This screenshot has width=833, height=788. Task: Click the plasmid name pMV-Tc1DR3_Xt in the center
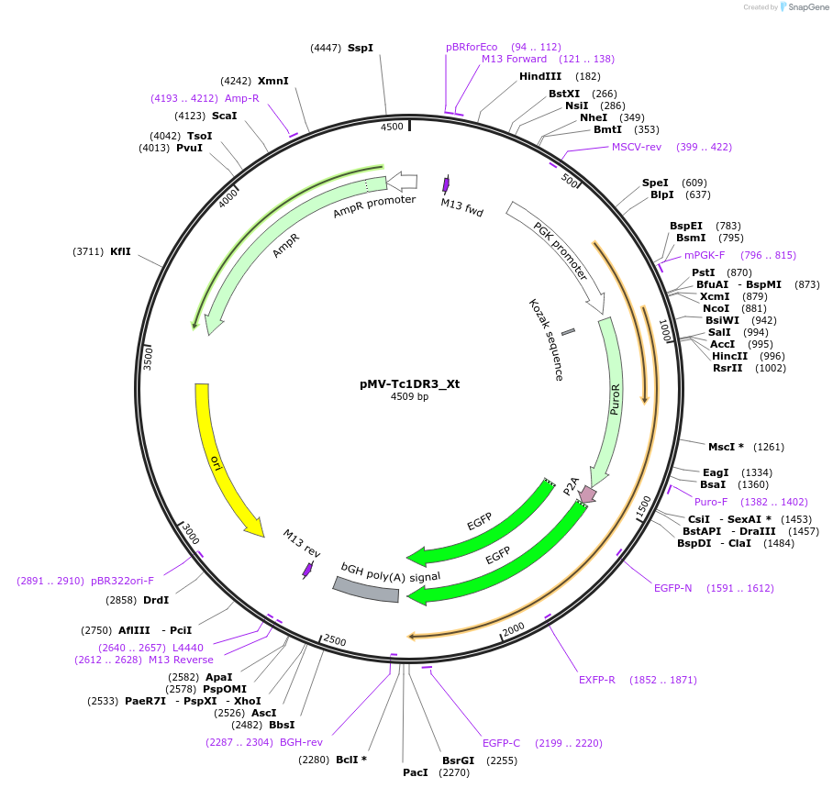point(409,383)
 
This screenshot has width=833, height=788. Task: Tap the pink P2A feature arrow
point(587,494)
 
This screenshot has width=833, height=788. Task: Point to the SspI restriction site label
point(361,48)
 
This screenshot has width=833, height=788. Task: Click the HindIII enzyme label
point(540,76)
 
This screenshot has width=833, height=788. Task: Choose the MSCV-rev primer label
point(637,147)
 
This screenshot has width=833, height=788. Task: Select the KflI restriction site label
point(120,251)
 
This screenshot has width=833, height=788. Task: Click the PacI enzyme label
point(416,772)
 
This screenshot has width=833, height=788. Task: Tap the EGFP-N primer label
point(672,588)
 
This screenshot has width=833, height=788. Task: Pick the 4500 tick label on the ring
point(392,127)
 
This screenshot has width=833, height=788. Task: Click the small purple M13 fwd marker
point(446,183)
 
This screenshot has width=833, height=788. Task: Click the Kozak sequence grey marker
point(568,331)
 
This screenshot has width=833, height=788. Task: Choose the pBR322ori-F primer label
point(122,581)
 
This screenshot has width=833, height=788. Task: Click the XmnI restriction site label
point(272,81)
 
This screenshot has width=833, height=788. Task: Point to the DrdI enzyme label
point(156,600)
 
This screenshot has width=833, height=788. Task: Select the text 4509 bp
point(409,397)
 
